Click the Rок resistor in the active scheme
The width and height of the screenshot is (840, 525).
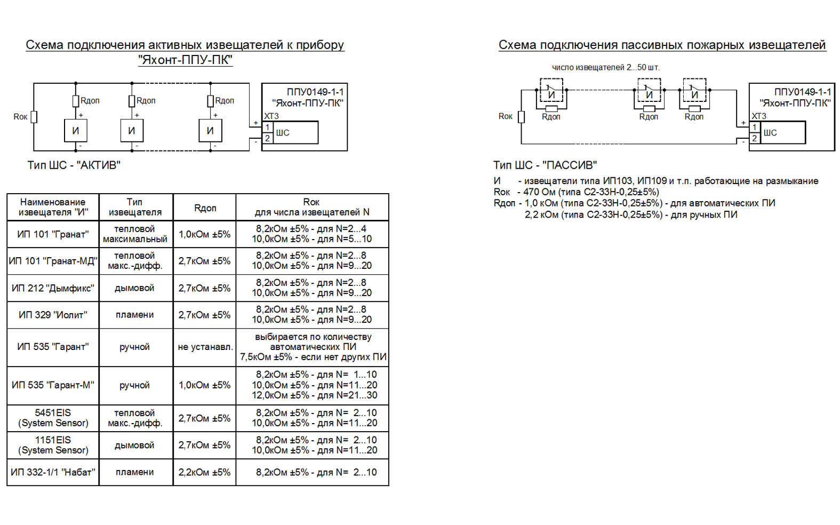34,117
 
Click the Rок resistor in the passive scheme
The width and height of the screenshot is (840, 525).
521,117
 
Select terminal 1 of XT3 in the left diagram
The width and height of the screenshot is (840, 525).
267,127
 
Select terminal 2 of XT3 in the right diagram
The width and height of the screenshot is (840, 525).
755,138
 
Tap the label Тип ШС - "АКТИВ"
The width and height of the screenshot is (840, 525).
74,165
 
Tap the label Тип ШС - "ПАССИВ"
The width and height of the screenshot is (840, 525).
545,165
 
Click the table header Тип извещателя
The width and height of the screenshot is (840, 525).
135,207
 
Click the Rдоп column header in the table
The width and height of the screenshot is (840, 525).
205,208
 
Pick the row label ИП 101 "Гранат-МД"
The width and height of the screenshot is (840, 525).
53,261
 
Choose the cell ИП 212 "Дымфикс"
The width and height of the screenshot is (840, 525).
53,288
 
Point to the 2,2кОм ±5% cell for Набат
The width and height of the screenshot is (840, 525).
204,472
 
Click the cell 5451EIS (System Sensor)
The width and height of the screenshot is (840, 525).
53,418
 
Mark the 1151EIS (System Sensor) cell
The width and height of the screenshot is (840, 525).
53,445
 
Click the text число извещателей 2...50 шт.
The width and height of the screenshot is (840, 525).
606,67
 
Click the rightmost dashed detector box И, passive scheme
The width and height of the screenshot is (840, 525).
694,90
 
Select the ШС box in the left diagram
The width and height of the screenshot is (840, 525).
295,132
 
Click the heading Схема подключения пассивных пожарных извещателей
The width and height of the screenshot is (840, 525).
662,45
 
